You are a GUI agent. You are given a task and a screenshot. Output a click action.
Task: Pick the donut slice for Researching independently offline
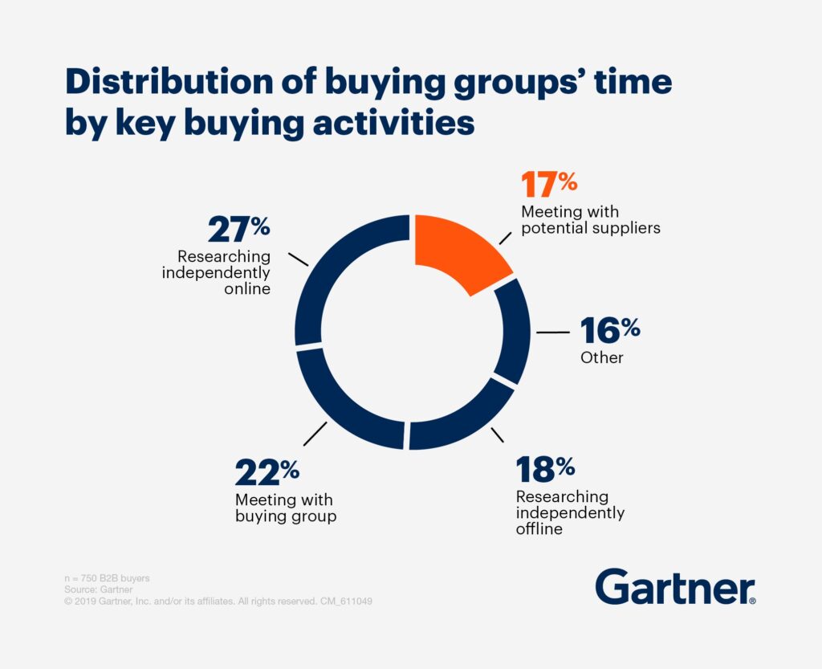coord(459,419)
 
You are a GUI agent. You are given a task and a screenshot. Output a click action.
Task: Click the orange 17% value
coord(549,184)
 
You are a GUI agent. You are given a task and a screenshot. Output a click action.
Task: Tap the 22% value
coord(267,472)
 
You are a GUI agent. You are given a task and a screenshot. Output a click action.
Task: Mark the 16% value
coord(610,330)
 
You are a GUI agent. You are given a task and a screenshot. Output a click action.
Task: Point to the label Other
coord(601,357)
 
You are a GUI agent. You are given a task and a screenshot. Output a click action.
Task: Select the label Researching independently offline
coord(570,512)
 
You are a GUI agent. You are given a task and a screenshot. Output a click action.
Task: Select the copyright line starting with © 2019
coord(218,601)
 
